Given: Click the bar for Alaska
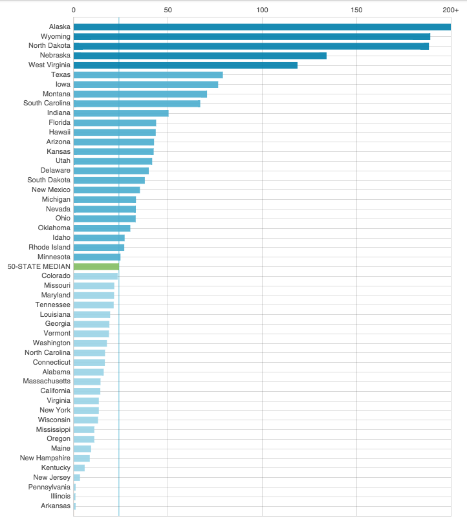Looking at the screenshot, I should pos(262,27).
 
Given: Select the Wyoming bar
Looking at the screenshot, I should pos(252,37).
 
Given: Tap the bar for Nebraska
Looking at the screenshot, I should pos(200,56).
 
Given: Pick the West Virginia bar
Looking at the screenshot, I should pos(186,65).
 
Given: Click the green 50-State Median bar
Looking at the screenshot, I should pos(96,266).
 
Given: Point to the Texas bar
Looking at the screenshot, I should pos(148,75).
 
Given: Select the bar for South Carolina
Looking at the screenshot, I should pos(137,103).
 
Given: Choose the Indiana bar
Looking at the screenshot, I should pos(121,113).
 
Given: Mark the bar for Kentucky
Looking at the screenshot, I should pos(79,467).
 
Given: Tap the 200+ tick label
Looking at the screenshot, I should pos(451,10).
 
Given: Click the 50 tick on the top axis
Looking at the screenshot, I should pos(168,10).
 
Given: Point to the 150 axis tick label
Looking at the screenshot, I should pos(356,10).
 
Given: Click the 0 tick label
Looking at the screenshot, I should pos(74,10).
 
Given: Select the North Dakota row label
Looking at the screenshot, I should pos(49,46).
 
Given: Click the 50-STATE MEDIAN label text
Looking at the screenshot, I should pos(39,266).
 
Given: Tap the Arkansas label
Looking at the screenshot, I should pos(56,506).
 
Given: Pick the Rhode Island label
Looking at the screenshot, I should pos(49,247).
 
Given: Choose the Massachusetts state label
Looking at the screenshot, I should pos(47,381).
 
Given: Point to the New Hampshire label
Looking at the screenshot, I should pos(45,458).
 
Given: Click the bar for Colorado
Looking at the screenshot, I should pos(96,276).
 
